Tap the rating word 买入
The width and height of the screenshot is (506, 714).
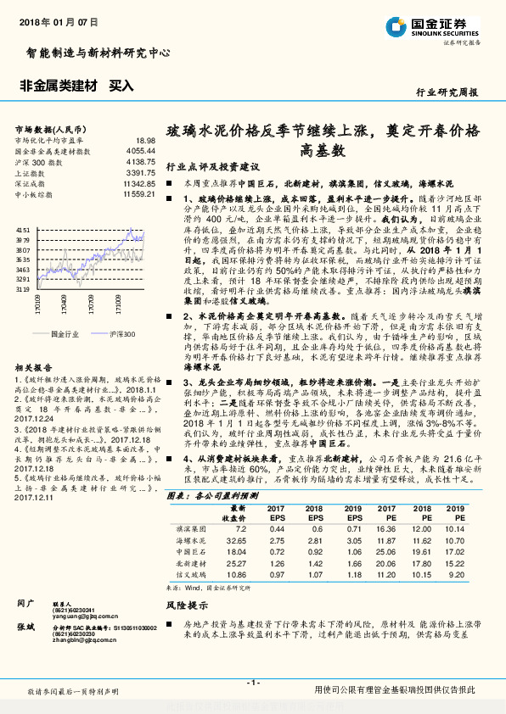click(x=122, y=86)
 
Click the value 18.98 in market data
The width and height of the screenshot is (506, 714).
click(x=145, y=140)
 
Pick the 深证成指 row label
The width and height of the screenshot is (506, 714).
click(x=31, y=183)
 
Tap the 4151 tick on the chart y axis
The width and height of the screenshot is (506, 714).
click(x=23, y=231)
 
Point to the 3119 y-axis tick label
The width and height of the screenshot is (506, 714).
click(x=23, y=289)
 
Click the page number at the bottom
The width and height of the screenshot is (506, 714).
click(x=252, y=683)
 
